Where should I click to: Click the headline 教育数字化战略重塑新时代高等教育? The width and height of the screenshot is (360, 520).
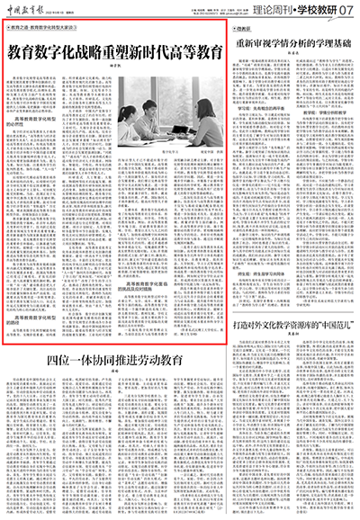point(115,51)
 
